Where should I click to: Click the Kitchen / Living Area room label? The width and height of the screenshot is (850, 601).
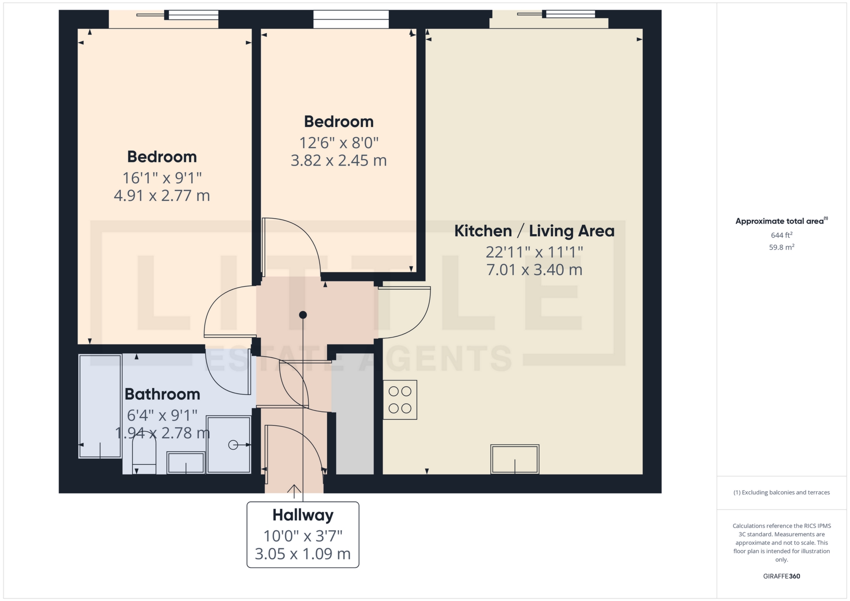point(534,231)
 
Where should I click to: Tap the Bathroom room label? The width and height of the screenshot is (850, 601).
point(162,394)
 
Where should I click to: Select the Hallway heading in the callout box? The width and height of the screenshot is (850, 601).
point(303,515)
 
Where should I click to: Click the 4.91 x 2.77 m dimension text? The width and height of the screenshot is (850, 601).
point(162,196)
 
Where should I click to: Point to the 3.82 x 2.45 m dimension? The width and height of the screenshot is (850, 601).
point(339,161)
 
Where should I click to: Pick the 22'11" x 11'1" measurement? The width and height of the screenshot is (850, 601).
point(534,252)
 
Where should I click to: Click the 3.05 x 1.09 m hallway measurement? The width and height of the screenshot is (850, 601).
point(303,554)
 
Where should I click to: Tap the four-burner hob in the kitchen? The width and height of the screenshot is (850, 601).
point(400,400)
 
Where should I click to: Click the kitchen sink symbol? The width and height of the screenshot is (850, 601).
point(515,459)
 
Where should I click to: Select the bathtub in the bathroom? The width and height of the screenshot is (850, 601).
point(100,406)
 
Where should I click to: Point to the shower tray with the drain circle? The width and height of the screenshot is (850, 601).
point(228,444)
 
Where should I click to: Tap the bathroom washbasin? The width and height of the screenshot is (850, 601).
point(186,462)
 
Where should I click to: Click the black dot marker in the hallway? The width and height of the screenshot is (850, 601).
point(303,315)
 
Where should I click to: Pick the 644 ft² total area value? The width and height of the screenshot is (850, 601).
point(781,235)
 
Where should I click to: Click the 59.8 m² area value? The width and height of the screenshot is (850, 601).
point(781,247)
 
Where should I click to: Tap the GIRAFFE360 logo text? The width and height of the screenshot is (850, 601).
point(781,576)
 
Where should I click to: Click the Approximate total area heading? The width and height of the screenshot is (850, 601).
point(781,221)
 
